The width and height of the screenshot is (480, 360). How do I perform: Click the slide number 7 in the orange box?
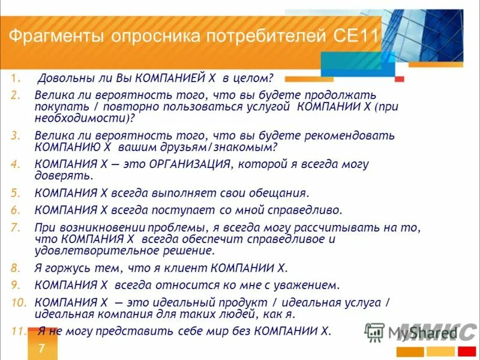pyautogui.click(x=41, y=349)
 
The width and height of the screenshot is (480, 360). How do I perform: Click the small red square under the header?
pyautogui.click(x=400, y=79)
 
